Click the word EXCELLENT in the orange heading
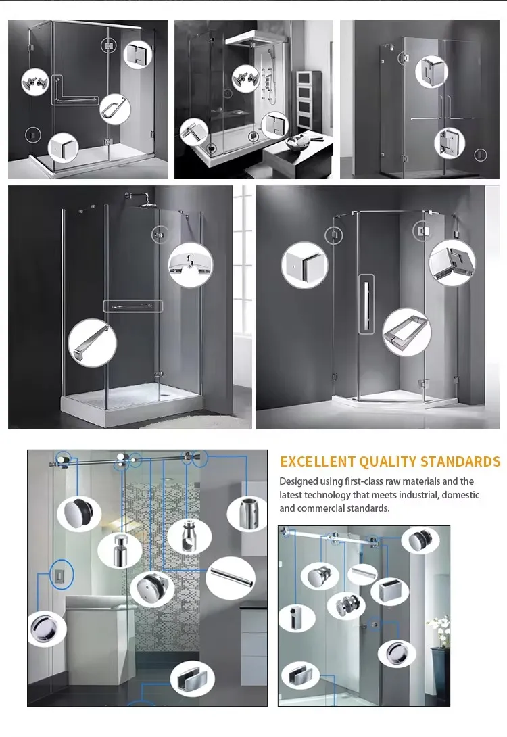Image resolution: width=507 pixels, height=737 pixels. point(318,462)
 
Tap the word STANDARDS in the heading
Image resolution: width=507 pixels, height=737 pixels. point(460,462)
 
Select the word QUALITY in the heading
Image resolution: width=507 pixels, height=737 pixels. point(388,462)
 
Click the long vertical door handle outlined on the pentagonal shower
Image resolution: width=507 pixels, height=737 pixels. point(366,304)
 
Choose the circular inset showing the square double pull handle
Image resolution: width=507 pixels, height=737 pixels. point(407,332)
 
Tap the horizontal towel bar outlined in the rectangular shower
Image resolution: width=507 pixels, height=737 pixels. point(133,306)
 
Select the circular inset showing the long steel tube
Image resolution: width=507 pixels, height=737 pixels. point(231,577)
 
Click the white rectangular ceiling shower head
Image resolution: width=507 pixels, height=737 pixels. point(254,39)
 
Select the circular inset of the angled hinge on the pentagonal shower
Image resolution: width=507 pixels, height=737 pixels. point(452,263)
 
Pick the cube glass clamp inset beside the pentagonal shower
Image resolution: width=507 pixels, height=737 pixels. point(304,265)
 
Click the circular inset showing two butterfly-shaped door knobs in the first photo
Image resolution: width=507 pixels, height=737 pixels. point(35,82)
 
